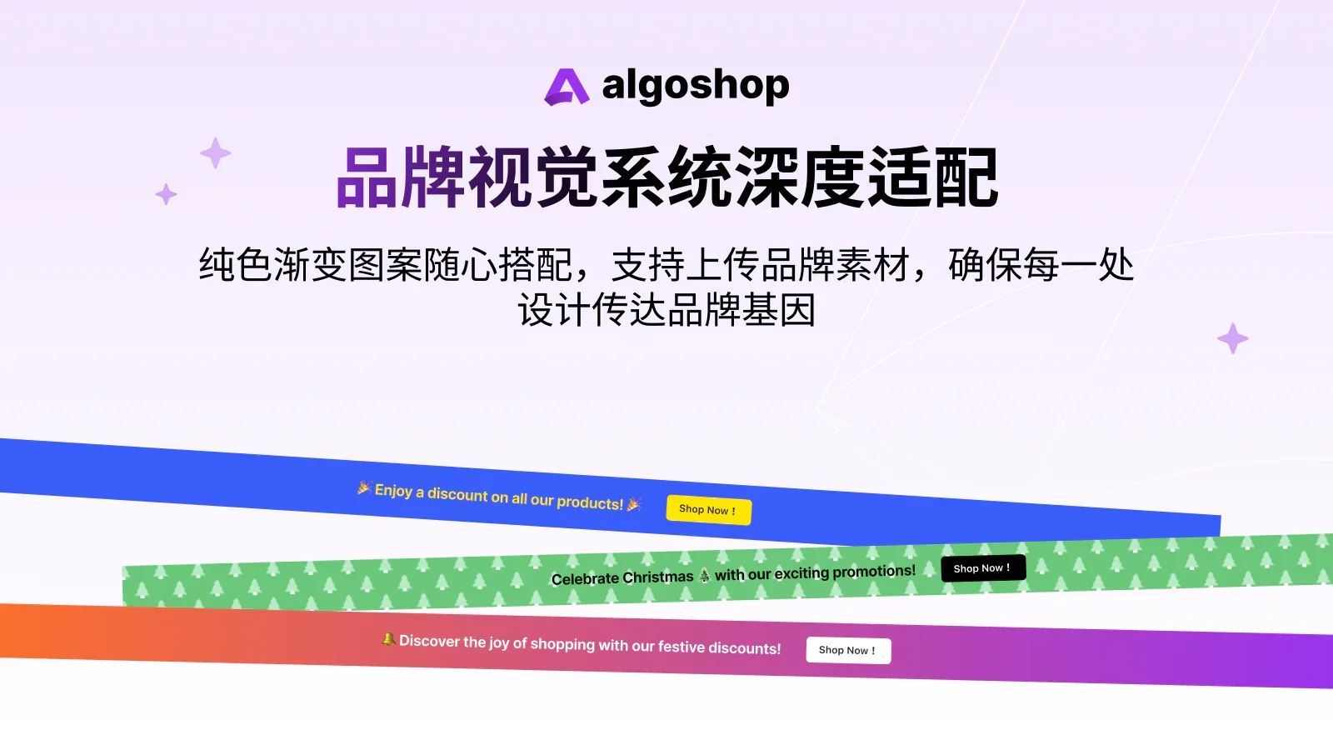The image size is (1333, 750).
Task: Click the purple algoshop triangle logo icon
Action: pyautogui.click(x=567, y=87)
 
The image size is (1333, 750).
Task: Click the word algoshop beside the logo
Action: pyautogui.click(x=695, y=86)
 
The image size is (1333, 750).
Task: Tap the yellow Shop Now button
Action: pyautogui.click(x=708, y=510)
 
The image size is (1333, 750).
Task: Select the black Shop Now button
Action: pyautogui.click(x=983, y=568)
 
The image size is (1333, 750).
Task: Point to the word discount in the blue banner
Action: pyautogui.click(x=457, y=494)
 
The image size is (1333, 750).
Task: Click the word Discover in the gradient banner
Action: pyautogui.click(x=430, y=641)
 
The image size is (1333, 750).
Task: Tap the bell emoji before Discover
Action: pyautogui.click(x=388, y=639)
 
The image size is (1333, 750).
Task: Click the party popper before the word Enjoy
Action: pyautogui.click(x=364, y=487)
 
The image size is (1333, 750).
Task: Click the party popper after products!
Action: pyautogui.click(x=635, y=504)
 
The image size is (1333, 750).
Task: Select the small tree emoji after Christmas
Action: pyautogui.click(x=705, y=575)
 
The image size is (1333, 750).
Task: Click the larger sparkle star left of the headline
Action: pyautogui.click(x=216, y=153)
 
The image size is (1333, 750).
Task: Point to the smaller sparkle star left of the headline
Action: pyautogui.click(x=166, y=194)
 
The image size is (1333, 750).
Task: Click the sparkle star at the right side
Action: pyautogui.click(x=1232, y=338)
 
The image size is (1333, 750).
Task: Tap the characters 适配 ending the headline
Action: pyautogui.click(x=933, y=178)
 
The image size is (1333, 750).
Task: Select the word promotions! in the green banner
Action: pyautogui.click(x=874, y=571)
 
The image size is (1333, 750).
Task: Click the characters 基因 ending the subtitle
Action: pyautogui.click(x=778, y=311)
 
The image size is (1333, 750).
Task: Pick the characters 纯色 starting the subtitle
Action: pyautogui.click(x=236, y=266)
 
